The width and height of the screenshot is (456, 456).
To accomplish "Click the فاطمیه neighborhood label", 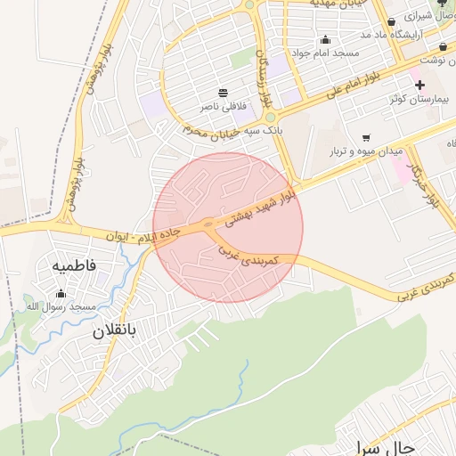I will [73, 265].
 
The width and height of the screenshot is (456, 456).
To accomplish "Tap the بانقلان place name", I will [114, 331].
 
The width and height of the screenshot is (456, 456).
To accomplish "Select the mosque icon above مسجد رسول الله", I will [61, 294].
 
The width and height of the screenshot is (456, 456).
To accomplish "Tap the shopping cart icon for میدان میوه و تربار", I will [366, 138].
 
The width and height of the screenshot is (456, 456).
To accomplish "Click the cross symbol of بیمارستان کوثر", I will [419, 84].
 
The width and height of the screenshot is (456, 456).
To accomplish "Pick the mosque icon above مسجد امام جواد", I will [325, 39].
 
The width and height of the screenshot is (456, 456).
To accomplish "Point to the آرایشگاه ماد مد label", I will [389, 34].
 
